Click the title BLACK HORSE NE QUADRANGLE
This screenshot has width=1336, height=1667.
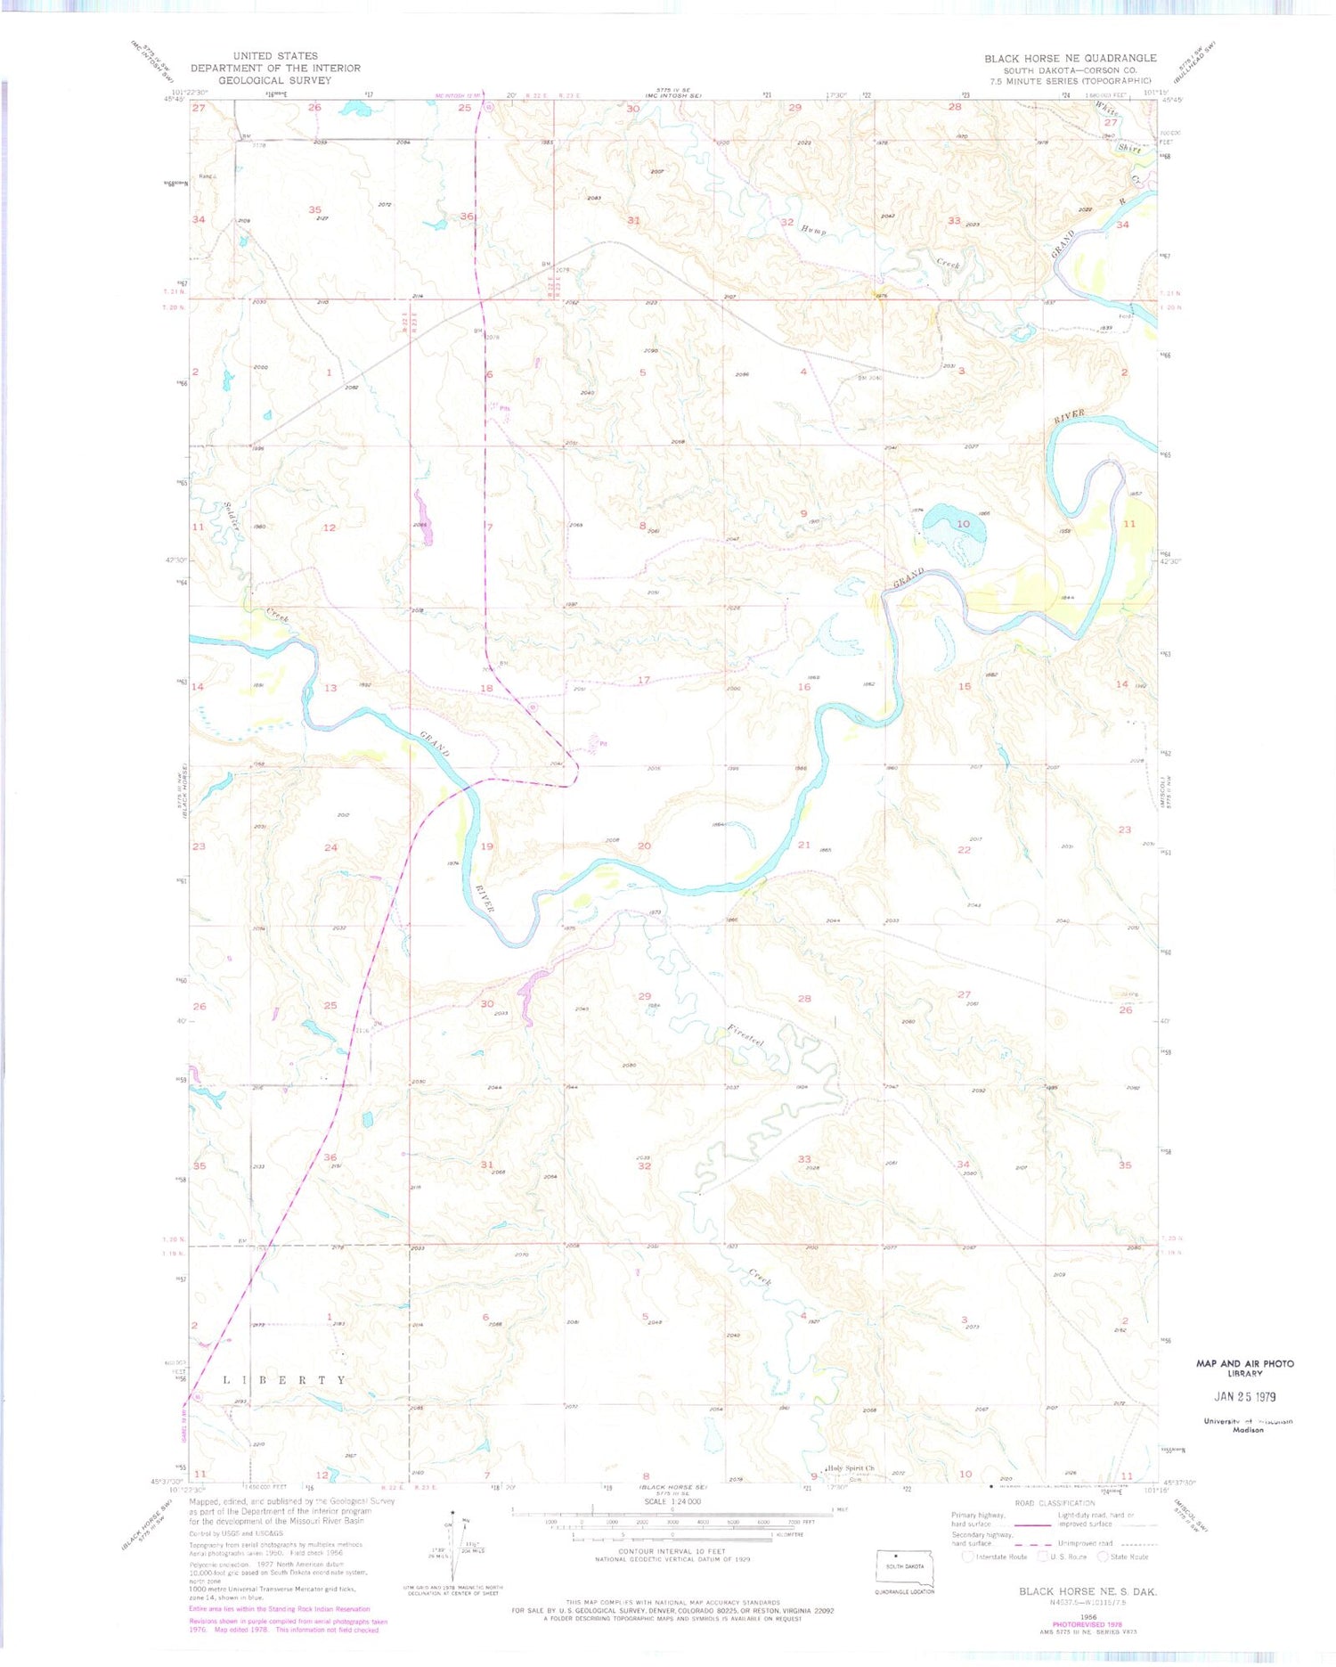point(1070,58)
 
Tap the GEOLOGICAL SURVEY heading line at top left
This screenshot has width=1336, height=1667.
point(274,80)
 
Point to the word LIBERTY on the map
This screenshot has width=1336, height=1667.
point(284,1380)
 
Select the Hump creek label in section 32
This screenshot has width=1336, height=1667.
point(813,230)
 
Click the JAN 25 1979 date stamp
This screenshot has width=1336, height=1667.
point(1244,1396)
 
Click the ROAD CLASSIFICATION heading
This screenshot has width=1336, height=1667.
point(1055,1502)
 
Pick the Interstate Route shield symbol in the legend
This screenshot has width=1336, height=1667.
point(968,1557)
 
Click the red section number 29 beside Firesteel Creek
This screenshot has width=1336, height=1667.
point(644,996)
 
